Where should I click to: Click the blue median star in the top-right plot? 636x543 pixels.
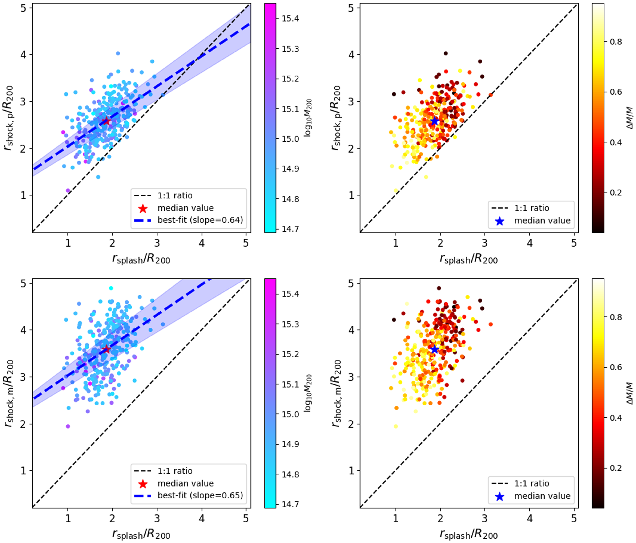pos(434,121)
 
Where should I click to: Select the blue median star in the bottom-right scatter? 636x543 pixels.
pos(434,349)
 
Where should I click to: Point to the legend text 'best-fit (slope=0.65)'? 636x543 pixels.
pos(200,495)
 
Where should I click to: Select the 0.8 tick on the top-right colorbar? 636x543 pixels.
pos(616,41)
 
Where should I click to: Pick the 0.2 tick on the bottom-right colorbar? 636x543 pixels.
pos(616,468)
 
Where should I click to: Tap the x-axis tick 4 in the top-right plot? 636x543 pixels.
pos(529,243)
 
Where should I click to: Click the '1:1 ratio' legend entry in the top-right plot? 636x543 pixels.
pos(532,208)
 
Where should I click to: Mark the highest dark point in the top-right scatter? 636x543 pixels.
pos(446,53)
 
